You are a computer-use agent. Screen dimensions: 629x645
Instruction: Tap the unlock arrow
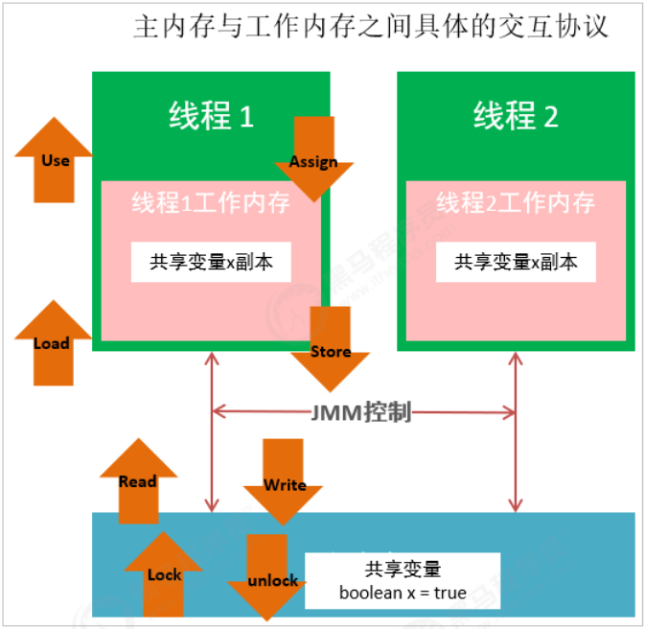click(x=272, y=579)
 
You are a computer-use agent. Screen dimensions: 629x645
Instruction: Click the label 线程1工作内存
click(x=211, y=203)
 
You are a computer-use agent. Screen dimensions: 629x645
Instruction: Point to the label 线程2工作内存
click(x=516, y=203)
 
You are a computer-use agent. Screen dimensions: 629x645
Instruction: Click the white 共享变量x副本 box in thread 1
click(x=211, y=262)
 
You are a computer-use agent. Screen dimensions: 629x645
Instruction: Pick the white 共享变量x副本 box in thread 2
click(x=516, y=262)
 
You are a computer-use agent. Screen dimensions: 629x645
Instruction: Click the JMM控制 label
click(x=361, y=412)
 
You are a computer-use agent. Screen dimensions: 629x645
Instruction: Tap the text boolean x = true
click(x=403, y=593)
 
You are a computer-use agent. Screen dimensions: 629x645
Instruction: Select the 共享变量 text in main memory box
click(x=403, y=569)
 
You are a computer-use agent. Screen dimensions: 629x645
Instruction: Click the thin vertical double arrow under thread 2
click(x=517, y=431)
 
